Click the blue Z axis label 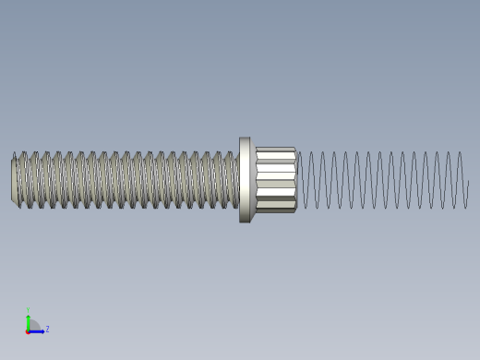47,329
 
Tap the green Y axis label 29,310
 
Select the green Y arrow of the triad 29,319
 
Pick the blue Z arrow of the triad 39,330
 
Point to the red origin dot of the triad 29,330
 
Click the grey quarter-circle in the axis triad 33,326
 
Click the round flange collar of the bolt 245,180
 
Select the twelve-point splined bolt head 275,180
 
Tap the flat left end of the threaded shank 14,180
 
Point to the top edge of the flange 245,139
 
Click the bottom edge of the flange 245,221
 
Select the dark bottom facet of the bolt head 275,209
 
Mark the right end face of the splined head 295,180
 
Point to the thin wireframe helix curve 388,180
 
